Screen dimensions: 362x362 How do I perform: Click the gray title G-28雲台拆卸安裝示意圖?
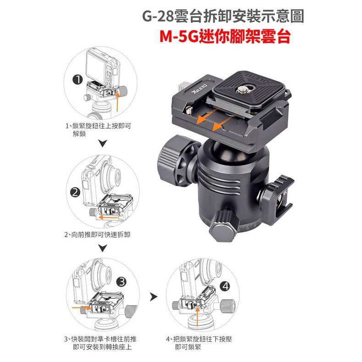point(224,17)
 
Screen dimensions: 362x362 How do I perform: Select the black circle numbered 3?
point(121,281)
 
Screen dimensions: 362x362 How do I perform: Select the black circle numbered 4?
point(225,286)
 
